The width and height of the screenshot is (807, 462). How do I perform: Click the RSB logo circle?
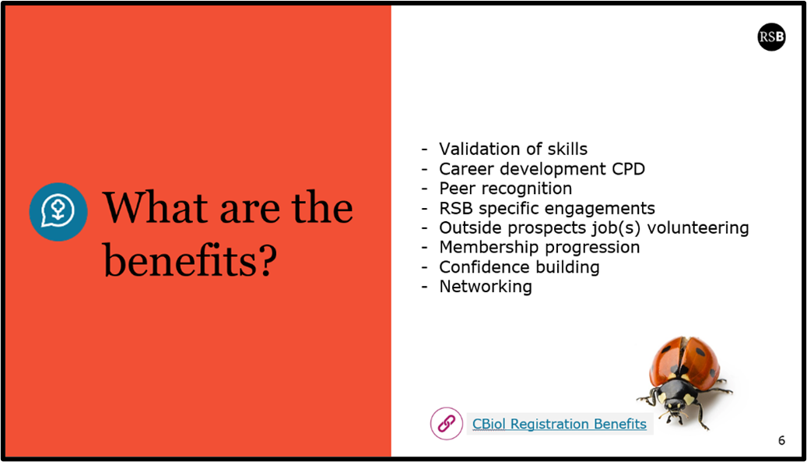pos(771,37)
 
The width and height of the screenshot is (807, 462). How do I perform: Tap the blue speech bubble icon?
pos(58,212)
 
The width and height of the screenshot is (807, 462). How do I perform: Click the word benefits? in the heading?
pos(190,260)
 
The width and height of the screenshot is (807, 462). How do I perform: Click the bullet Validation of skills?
pos(513,149)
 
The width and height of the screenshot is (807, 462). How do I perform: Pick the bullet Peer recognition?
pos(505,189)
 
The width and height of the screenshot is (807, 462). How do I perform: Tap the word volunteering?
pos(698,227)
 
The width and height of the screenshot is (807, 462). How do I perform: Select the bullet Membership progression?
pos(539,247)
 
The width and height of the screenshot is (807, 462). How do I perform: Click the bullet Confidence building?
pos(519,266)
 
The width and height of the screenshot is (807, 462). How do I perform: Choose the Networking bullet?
pos(486,287)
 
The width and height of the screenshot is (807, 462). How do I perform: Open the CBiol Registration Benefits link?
pos(560,424)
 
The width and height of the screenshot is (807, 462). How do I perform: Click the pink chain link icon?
pos(446,423)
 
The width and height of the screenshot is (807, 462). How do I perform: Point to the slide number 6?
pos(781,440)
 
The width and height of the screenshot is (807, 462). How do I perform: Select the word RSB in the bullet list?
pos(455,208)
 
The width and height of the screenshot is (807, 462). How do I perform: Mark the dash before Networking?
pos(424,287)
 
